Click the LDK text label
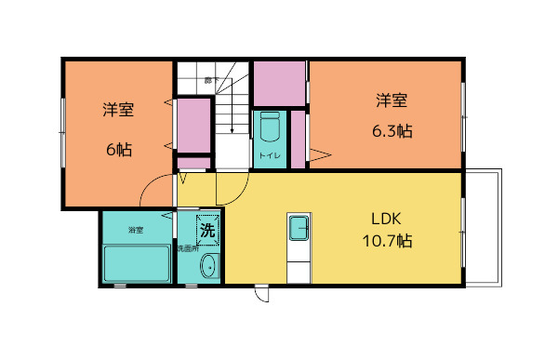[385, 220]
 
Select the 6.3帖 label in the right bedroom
[392, 131]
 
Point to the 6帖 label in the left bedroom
[118, 149]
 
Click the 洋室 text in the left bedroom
[118, 110]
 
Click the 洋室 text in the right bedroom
[392, 100]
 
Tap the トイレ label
[270, 155]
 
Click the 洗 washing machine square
[206, 228]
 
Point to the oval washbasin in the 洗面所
[208, 267]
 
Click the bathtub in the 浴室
[137, 263]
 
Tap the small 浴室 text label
[136, 229]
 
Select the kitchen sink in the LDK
[299, 226]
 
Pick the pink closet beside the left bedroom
[193, 125]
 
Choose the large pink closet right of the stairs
[279, 84]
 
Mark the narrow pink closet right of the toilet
[298, 140]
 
